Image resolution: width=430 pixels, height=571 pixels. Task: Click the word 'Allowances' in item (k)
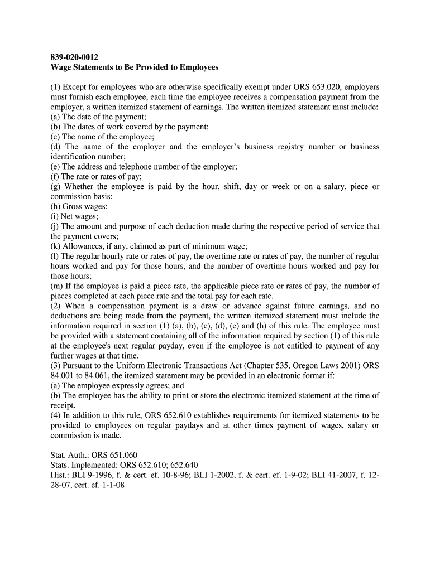(x=83, y=246)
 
